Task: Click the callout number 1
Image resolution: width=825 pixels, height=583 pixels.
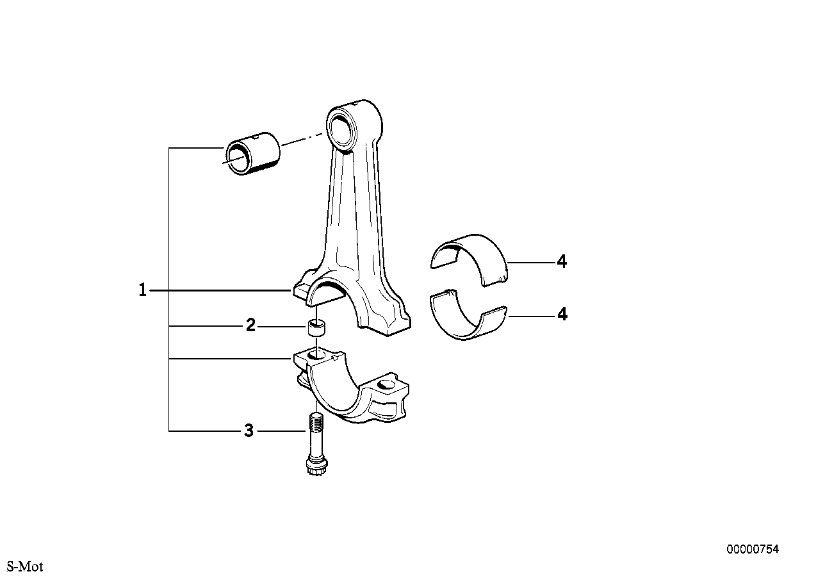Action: [143, 290]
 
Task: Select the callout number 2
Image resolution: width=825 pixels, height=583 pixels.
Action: [250, 325]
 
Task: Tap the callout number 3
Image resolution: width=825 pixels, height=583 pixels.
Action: [249, 431]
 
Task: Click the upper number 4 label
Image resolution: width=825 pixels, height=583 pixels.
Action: [562, 261]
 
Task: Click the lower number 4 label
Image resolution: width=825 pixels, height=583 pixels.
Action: [562, 314]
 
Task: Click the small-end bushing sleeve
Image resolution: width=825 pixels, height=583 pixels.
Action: [252, 153]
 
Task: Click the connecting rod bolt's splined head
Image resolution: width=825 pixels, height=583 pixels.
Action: [316, 468]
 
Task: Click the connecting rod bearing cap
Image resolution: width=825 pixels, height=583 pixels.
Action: [352, 387]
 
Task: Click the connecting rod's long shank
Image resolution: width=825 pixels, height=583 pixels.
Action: [354, 206]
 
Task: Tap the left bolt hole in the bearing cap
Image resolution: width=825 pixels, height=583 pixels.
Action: [316, 355]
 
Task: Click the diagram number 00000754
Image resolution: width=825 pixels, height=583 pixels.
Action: [753, 549]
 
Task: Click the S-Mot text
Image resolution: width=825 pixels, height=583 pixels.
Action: [25, 566]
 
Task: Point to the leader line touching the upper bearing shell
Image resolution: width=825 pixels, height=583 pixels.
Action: [532, 262]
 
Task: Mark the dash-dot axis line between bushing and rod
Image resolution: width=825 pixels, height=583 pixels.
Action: [302, 139]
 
